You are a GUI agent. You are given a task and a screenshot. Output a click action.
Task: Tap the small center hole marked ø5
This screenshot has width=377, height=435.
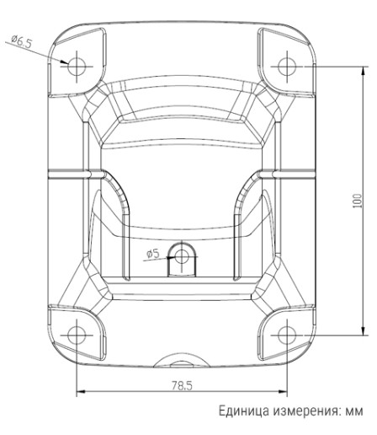(181, 254)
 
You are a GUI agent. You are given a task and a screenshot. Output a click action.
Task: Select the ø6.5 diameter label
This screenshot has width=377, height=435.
(24, 42)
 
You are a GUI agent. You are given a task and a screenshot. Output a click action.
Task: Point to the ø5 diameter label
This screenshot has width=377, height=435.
(152, 253)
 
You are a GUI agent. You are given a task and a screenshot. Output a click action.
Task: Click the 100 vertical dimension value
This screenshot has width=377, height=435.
(357, 201)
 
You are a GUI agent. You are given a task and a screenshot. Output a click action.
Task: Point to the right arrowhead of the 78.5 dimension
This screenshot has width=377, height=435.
(283, 391)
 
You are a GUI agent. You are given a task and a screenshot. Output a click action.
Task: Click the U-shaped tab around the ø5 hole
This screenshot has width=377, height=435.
(181, 268)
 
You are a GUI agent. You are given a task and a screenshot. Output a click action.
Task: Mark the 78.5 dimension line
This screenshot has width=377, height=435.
(126, 391)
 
